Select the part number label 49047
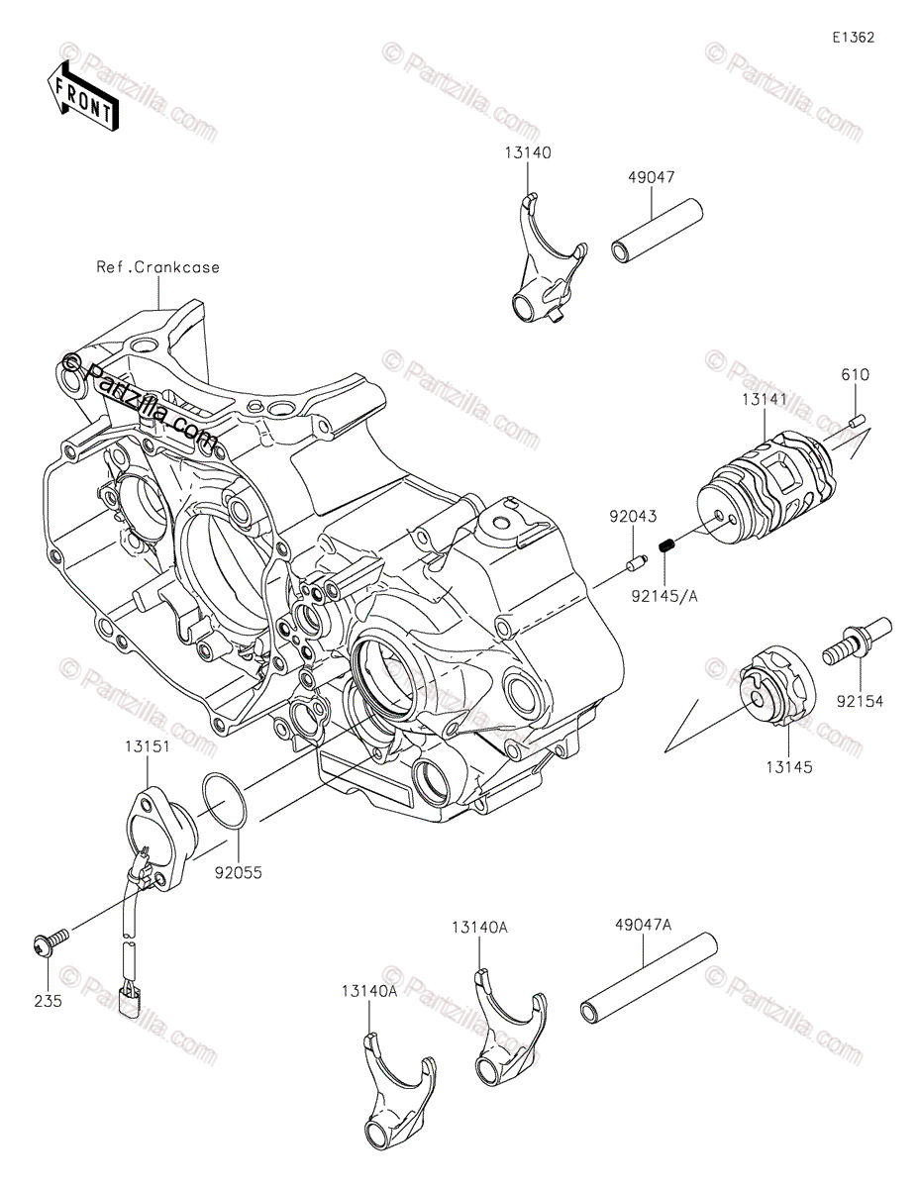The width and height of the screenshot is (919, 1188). coord(651,179)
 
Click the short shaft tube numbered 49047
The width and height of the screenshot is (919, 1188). coord(656,234)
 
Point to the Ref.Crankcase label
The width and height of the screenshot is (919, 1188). coord(158,266)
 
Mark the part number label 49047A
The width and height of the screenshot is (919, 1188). coord(644,925)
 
